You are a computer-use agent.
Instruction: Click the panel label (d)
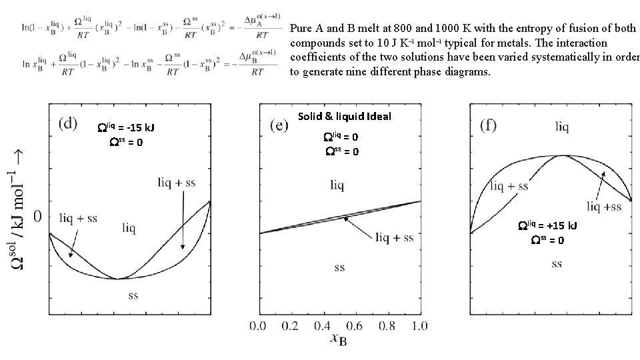[69, 124]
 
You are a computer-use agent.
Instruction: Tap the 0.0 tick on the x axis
[259, 326]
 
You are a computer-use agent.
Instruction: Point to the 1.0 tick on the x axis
[419, 326]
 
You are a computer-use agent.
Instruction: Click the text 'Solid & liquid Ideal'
[345, 117]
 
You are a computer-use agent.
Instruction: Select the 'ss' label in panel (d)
[133, 295]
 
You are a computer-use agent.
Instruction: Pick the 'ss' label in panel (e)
[339, 267]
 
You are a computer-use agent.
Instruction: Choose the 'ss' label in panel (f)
[557, 264]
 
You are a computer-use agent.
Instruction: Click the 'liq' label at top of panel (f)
[563, 125]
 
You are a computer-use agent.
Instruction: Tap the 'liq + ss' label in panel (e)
[394, 237]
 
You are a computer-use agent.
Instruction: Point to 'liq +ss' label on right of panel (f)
[604, 207]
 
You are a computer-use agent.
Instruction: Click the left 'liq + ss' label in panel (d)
[78, 218]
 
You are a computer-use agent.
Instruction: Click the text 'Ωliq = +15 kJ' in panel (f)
[548, 225]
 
